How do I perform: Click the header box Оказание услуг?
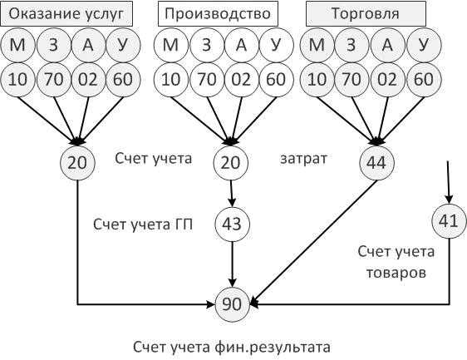point(66,13)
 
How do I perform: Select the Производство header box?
point(218,13)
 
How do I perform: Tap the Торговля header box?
point(366,13)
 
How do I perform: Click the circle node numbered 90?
point(232,304)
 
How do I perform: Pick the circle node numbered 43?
point(233,224)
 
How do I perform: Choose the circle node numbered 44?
point(376,163)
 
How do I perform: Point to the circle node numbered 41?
point(449,221)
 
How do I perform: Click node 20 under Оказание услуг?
point(77,163)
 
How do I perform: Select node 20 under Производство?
point(231,163)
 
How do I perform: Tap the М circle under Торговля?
point(317,45)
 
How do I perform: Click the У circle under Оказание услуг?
point(123,45)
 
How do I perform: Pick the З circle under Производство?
point(207,45)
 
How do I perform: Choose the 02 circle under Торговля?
point(387,80)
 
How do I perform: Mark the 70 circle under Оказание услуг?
point(54,80)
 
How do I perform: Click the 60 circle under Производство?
point(276,80)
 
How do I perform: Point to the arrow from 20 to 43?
point(232,194)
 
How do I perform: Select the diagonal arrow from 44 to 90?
point(314,243)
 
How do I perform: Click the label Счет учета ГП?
point(143,224)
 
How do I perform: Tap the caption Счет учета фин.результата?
point(232,348)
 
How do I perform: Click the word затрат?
point(303,159)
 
